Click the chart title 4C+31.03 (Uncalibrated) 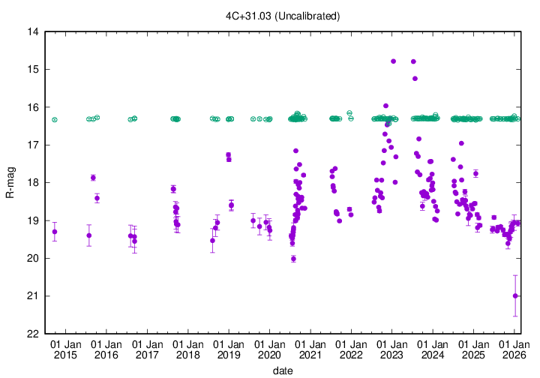pos(283,16)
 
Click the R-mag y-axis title pos(10,183)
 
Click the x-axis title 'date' pos(283,370)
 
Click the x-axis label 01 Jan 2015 pos(65,348)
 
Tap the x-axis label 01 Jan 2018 pos(187,348)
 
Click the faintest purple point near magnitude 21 pos(515,295)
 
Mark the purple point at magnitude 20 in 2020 pos(293,259)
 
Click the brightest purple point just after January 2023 pos(394,61)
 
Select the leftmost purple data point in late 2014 pos(55,232)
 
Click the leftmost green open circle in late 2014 pos(55,120)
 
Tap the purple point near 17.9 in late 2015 pos(93,178)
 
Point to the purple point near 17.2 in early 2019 pos(229,155)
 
